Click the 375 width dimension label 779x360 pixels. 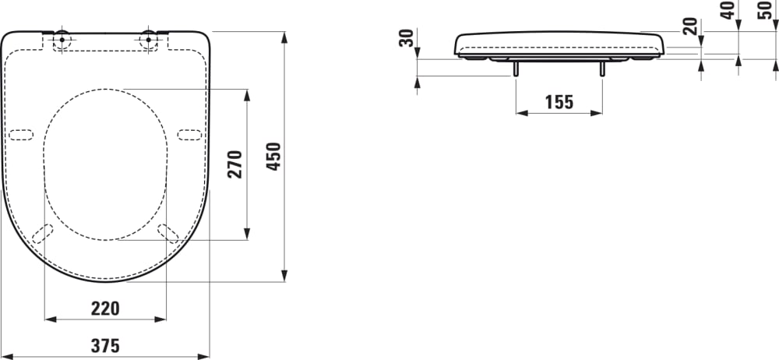(x=105, y=346)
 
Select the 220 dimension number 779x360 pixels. (x=105, y=309)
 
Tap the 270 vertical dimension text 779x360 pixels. (x=235, y=164)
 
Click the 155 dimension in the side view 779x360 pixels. (x=559, y=101)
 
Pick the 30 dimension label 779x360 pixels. (x=406, y=38)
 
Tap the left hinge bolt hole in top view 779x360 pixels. (x=62, y=39)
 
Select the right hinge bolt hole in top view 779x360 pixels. (x=148, y=39)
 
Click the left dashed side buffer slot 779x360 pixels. (x=21, y=134)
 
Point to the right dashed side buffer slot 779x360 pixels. (x=189, y=134)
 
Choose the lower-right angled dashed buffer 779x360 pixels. (x=167, y=233)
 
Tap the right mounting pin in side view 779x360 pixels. (x=601, y=69)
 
